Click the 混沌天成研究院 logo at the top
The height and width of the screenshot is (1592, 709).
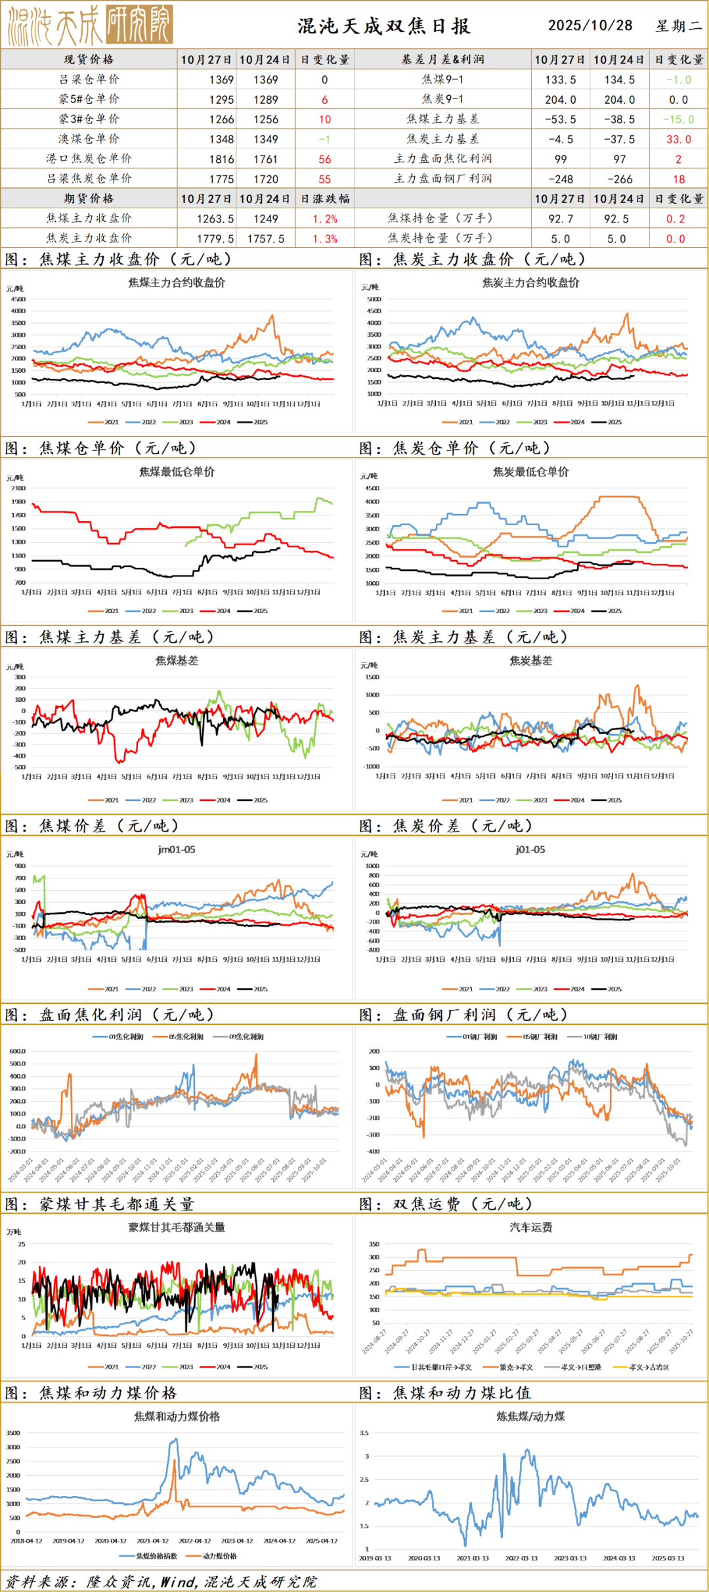[x=90, y=26]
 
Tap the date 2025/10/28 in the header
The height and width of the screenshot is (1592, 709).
[x=590, y=26]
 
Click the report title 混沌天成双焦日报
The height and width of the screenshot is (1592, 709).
[x=384, y=26]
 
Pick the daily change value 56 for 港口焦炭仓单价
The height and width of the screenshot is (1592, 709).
[x=325, y=160]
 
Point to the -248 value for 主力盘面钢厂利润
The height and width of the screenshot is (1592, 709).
[x=561, y=179]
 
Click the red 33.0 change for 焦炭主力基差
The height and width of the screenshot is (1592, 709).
[x=678, y=139]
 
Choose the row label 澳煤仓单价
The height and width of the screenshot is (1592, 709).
[x=89, y=139]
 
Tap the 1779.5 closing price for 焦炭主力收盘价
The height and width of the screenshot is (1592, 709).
[x=215, y=239]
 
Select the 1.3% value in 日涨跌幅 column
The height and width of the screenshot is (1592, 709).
[x=325, y=239]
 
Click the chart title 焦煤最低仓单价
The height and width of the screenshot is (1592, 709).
[x=177, y=472]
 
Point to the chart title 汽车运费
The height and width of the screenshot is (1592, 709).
[x=531, y=1227]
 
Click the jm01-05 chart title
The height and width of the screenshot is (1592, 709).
[x=177, y=850]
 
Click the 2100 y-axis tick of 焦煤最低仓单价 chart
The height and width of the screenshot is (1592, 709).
[x=18, y=488]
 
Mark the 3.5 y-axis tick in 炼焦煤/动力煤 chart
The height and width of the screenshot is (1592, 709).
[x=364, y=1433]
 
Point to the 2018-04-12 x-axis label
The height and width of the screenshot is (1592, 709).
[x=26, y=1541]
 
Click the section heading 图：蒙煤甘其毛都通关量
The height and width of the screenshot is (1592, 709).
[x=100, y=1204]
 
